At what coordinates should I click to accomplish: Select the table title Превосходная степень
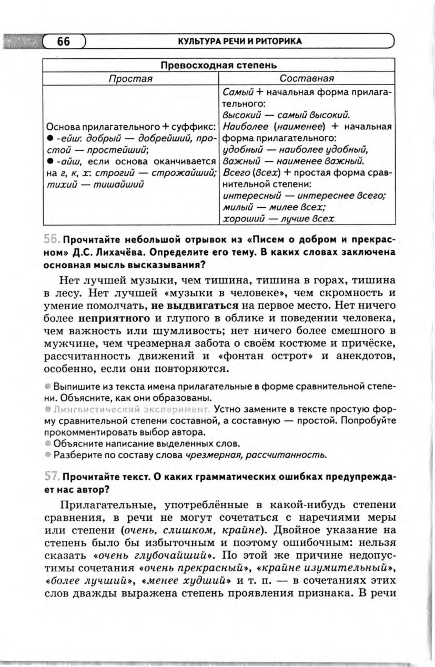pos(219,65)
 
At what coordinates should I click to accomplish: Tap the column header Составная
pos(307,78)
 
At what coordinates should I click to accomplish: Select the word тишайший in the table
pos(118,185)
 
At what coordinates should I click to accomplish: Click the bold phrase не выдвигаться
pos(195,306)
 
